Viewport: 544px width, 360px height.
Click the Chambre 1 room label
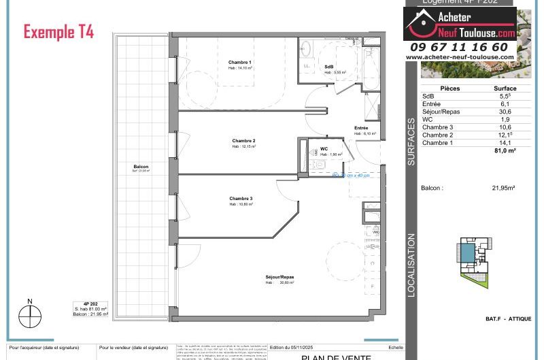[240, 63]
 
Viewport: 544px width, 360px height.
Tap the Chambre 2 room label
[243, 141]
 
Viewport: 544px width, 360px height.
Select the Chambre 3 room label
[241, 199]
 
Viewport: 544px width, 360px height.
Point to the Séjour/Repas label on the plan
[279, 277]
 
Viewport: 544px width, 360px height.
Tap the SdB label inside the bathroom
[329, 66]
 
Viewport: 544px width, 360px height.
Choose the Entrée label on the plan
[361, 128]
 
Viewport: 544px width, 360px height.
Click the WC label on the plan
[324, 148]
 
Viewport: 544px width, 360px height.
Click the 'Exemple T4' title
[58, 31]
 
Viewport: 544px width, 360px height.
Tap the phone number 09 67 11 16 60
[459, 47]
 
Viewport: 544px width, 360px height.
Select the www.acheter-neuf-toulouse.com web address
[460, 57]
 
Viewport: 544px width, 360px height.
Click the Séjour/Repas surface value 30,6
[505, 112]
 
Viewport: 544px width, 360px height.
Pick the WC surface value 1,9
[505, 119]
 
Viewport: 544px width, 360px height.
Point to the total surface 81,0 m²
[504, 150]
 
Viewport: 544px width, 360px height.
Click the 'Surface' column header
[505, 88]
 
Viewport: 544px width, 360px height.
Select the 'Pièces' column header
[449, 88]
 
